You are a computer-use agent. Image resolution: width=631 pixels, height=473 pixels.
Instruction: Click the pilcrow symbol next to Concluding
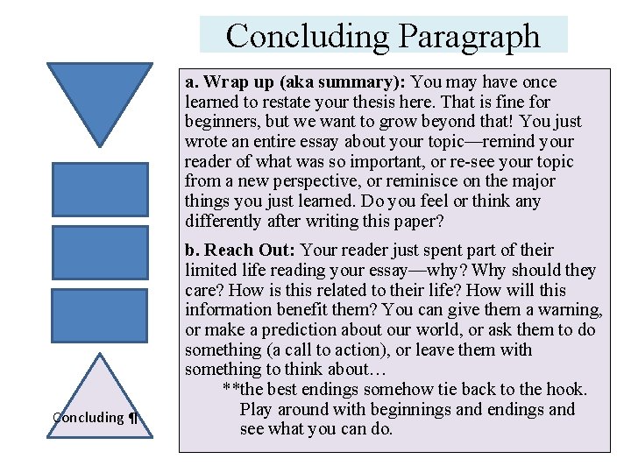click(133, 418)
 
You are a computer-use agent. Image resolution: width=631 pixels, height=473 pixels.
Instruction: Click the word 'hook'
click(567, 390)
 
